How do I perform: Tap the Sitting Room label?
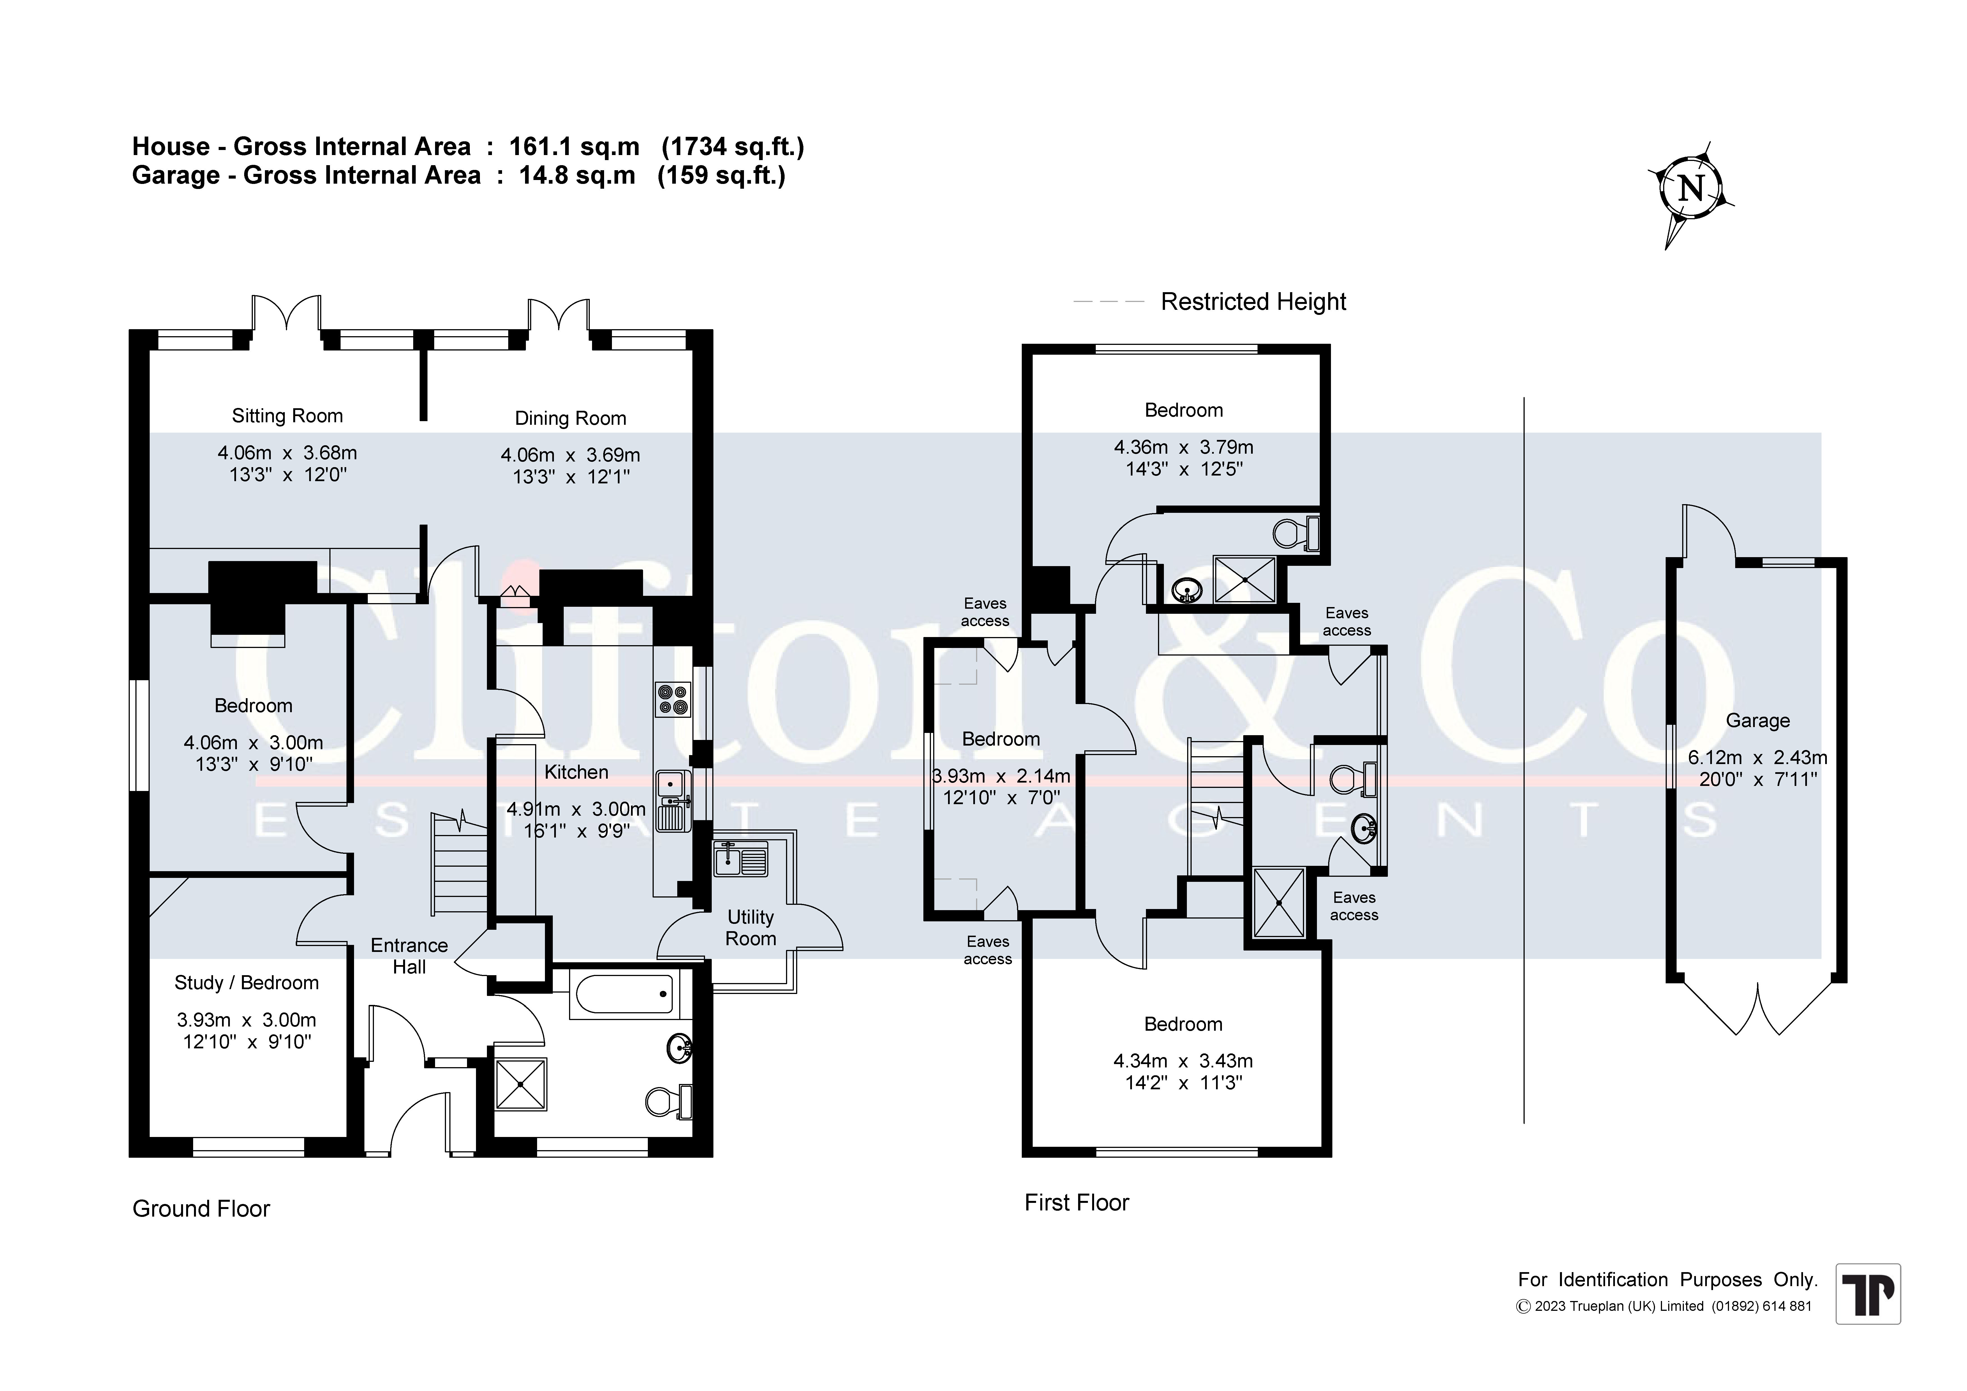click(287, 417)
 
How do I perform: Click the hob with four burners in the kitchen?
click(672, 698)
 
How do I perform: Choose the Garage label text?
click(1757, 721)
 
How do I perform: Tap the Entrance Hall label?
click(410, 956)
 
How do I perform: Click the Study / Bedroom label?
click(247, 983)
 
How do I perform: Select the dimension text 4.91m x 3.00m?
click(576, 809)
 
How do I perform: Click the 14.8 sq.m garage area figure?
click(577, 176)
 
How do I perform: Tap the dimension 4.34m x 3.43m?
click(1183, 1061)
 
